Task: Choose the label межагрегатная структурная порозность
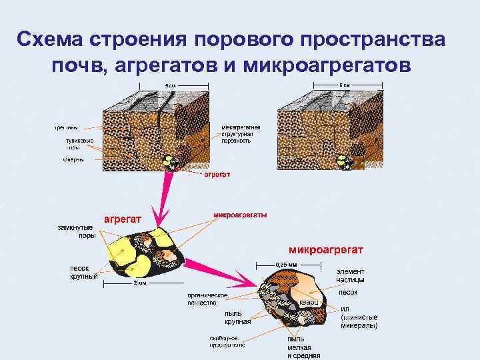241,133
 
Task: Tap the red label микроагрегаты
240,215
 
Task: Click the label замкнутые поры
75,231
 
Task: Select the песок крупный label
84,272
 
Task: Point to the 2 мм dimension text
139,283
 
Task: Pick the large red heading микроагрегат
325,249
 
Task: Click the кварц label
309,302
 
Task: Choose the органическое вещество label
208,299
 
